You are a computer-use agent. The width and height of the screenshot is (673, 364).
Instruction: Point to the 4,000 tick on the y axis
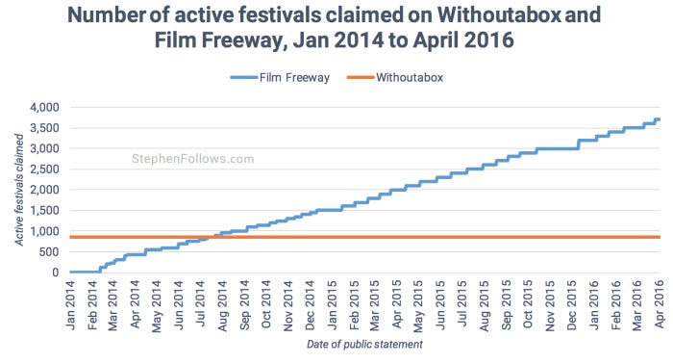pyautogui.click(x=43, y=107)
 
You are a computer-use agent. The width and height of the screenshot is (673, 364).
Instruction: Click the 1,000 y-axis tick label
pyautogui.click(x=43, y=231)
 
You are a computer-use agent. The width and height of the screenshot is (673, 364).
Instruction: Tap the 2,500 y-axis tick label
pyautogui.click(x=43, y=169)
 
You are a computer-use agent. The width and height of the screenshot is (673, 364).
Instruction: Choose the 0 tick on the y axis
pyautogui.click(x=56, y=273)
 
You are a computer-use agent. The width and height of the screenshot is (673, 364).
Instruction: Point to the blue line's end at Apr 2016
pyautogui.click(x=659, y=119)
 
